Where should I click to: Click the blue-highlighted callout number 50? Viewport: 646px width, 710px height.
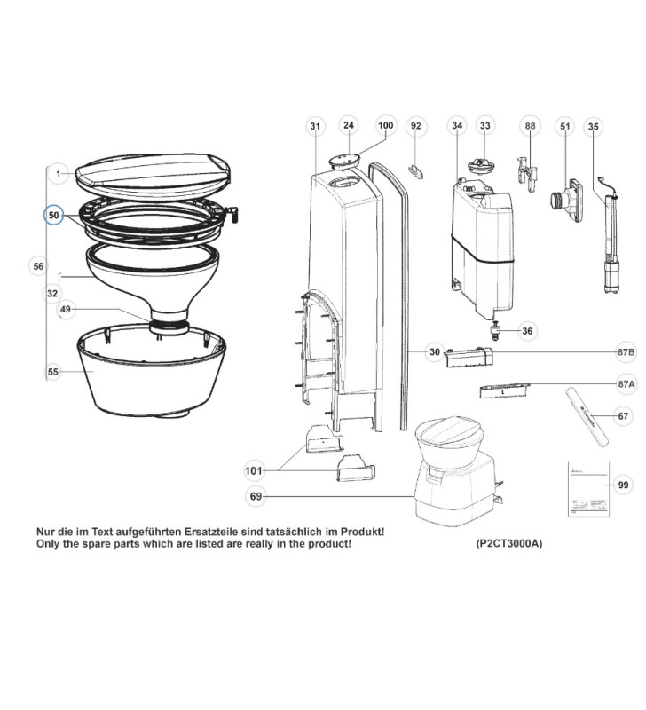tap(54, 216)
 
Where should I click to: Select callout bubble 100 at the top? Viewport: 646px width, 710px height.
tap(384, 126)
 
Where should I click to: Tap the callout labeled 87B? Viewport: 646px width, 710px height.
tap(626, 352)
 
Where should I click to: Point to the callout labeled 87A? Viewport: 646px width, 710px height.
tap(626, 383)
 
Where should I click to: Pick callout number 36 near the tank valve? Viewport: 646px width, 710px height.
tap(527, 331)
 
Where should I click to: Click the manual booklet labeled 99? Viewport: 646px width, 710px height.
tap(582, 487)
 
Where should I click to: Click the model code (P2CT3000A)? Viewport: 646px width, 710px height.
tap(502, 543)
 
